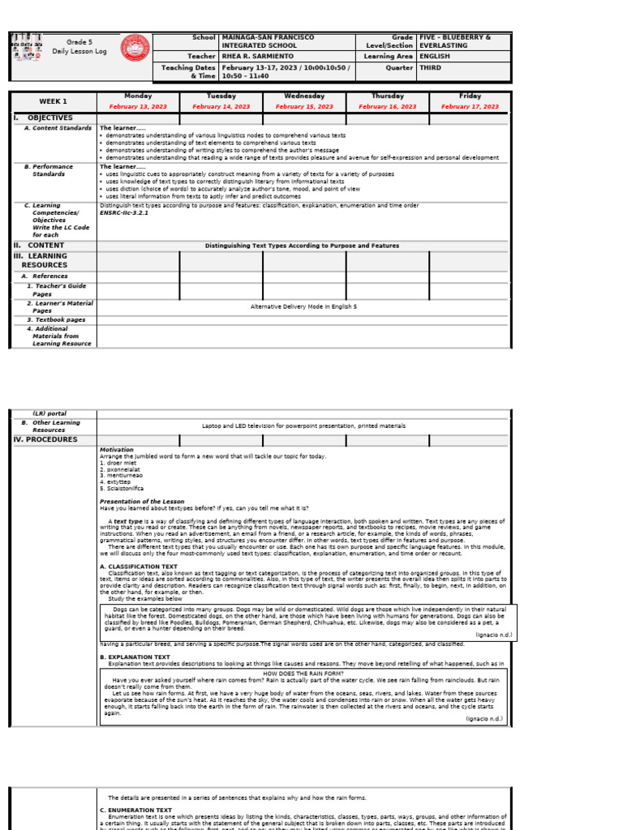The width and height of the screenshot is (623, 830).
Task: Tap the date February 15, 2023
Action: pos(304,106)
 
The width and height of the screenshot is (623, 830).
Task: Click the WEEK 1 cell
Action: pos(54,101)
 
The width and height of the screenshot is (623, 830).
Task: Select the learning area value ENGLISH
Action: pos(435,57)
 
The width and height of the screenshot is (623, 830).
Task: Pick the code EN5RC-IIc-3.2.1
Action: pos(124,213)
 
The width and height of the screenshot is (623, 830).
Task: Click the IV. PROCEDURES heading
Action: pos(45,440)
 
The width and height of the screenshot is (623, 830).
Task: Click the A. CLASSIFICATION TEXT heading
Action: pos(138,567)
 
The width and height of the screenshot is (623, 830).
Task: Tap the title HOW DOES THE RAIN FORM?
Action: pos(303,674)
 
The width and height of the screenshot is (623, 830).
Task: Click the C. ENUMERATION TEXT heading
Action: pos(135,810)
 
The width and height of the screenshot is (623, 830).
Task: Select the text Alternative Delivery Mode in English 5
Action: pos(303,306)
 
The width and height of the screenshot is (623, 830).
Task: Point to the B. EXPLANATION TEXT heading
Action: pos(135,657)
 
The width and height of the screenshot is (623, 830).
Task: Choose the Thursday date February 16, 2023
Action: pos(387,106)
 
